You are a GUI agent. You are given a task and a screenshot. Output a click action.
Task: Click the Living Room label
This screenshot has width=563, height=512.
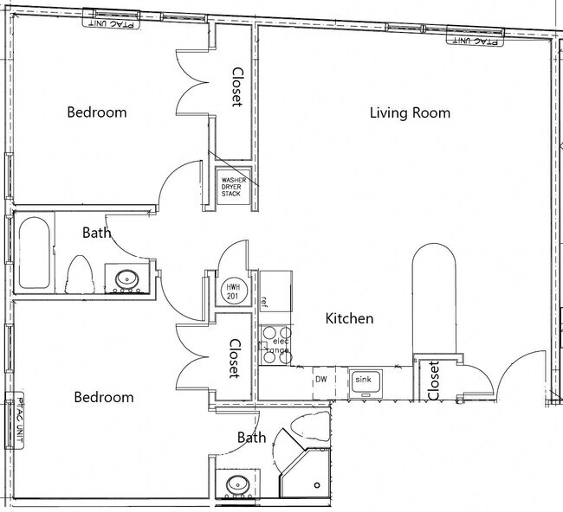(410, 113)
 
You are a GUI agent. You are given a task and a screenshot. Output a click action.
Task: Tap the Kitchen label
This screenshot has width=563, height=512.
(349, 318)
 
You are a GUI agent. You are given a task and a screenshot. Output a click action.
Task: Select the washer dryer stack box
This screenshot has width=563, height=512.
(234, 187)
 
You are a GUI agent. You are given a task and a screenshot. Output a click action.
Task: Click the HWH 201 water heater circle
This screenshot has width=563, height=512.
(233, 291)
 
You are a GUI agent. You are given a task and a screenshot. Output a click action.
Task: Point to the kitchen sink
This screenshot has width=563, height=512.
(366, 384)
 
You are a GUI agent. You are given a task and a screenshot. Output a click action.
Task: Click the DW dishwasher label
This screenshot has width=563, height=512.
(321, 380)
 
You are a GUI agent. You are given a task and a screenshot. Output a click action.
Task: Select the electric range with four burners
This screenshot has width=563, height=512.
(276, 345)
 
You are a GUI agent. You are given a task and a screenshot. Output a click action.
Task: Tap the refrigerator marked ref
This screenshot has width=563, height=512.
(275, 291)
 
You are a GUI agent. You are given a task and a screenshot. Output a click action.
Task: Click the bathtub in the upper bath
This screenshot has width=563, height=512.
(34, 253)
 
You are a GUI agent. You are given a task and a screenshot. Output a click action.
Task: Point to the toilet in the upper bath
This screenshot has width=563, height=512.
(81, 275)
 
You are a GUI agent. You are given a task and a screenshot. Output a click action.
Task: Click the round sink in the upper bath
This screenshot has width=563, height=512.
(127, 278)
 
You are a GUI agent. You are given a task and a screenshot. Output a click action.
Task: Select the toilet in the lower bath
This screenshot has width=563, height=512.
(310, 426)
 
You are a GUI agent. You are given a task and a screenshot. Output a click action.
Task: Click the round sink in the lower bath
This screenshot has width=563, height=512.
(238, 484)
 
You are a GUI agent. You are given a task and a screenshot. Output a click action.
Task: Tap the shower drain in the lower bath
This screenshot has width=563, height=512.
(317, 485)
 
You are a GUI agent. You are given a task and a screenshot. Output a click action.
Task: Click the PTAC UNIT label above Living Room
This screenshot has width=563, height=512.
(475, 41)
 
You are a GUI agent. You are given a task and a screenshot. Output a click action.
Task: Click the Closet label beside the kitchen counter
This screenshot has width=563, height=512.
(433, 381)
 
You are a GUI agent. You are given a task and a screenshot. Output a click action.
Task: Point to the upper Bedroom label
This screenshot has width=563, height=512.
(97, 112)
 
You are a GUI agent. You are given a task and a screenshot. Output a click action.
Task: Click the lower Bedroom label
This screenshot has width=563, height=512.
(104, 397)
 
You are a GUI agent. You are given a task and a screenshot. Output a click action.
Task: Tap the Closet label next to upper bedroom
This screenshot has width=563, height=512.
(236, 86)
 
